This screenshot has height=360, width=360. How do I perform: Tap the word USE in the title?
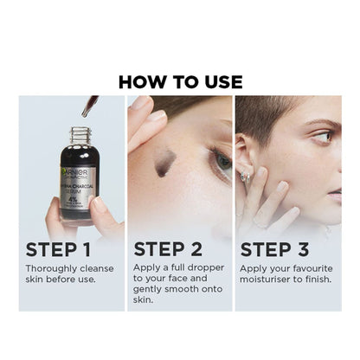[221, 82]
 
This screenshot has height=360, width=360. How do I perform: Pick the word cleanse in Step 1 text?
[96, 268]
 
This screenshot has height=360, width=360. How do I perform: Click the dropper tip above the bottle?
[87, 112]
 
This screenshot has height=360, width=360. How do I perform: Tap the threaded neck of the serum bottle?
[80, 136]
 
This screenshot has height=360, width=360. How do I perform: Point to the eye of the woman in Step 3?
[321, 136]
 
